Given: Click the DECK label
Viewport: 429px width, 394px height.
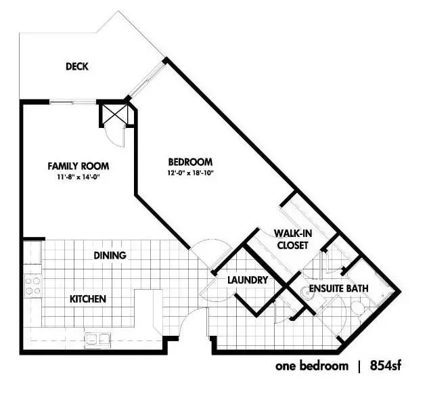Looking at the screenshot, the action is point(77,66).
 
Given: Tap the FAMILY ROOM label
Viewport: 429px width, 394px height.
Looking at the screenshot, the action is point(78,166).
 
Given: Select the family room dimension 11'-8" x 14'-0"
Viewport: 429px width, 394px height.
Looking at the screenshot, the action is point(78,177).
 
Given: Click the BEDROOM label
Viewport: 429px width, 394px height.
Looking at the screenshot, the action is point(190,162).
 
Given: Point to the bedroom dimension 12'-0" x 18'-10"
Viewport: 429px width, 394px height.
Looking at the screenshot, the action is point(190,173).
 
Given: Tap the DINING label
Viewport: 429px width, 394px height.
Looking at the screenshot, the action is point(110,255).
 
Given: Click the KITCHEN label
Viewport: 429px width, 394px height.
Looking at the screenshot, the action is point(88,299).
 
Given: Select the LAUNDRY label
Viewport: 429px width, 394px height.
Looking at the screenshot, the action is point(248,280).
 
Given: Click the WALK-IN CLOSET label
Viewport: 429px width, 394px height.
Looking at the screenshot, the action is point(293,239).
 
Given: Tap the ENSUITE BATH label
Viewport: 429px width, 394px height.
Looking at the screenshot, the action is point(339,288).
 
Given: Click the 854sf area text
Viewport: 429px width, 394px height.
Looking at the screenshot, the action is point(386,366).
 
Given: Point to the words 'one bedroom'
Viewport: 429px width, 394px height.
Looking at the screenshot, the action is point(312,366).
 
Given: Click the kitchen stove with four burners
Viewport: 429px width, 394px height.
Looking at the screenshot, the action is point(33,286).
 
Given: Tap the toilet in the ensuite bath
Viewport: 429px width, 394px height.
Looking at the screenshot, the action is point(359,309).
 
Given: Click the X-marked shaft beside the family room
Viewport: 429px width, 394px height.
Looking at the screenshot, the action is point(114,114).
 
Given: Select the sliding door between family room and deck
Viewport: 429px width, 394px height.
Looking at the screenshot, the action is point(73,103).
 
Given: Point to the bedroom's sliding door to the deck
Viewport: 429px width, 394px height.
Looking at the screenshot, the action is point(148,79).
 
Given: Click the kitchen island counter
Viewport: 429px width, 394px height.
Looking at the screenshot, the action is point(148,311).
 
